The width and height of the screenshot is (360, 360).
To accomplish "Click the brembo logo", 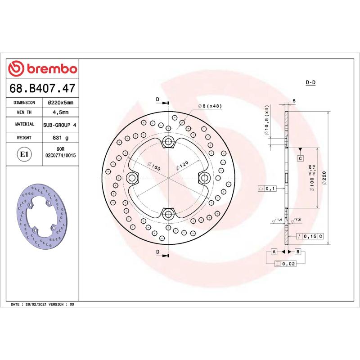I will [43, 68].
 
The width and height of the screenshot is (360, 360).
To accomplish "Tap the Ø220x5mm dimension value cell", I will [60, 103].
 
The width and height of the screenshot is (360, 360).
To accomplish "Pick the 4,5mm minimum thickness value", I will [60, 112].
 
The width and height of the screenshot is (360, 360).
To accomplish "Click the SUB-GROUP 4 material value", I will [60, 124].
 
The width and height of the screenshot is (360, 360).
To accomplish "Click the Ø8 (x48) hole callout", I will [210, 106].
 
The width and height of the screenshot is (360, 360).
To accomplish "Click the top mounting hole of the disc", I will [169, 143].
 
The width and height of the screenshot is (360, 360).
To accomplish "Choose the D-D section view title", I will [310, 83].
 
